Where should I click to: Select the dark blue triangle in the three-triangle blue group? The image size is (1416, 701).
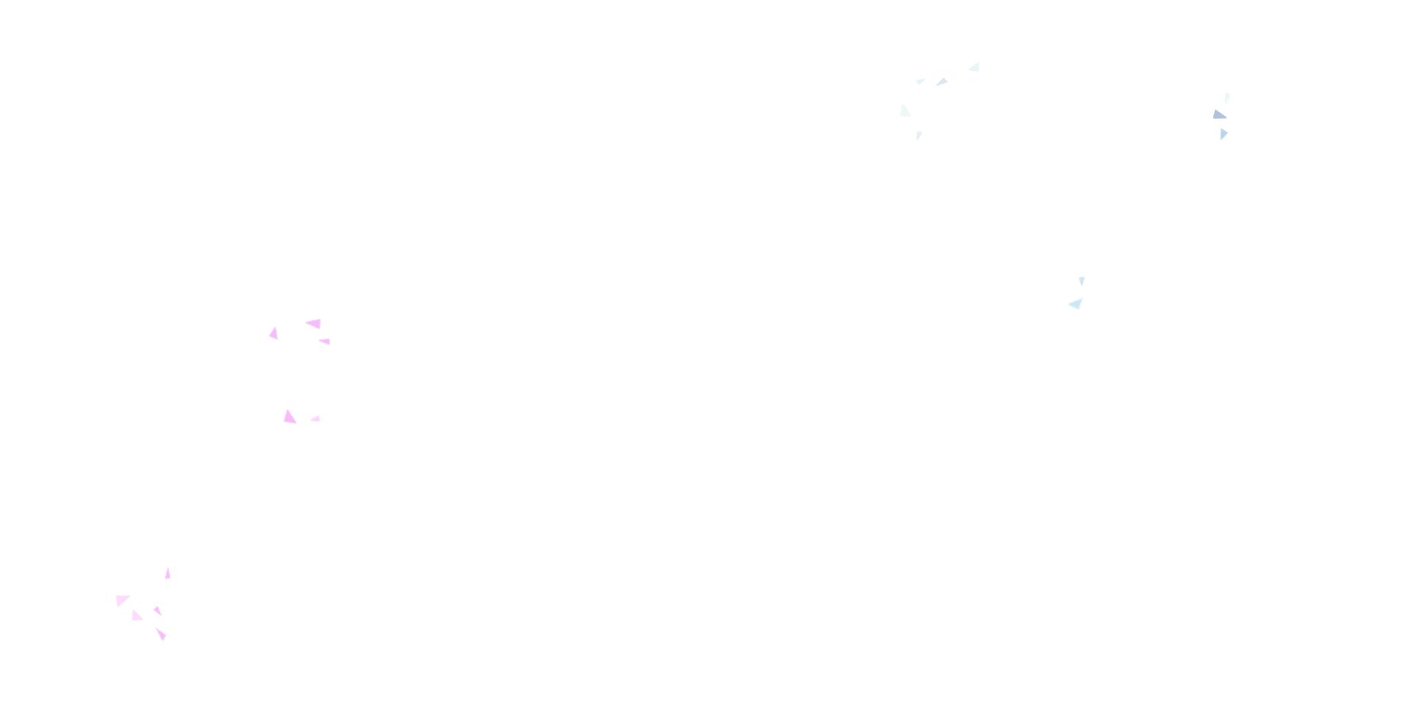click(x=1218, y=115)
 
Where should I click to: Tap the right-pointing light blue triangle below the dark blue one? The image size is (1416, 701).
click(x=1224, y=134)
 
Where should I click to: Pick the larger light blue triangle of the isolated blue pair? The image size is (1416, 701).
click(x=1077, y=304)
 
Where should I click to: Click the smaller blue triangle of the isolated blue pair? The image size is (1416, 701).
click(x=1081, y=280)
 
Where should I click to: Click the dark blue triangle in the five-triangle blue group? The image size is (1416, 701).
click(x=942, y=83)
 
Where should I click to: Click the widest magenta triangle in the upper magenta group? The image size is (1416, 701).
click(x=315, y=324)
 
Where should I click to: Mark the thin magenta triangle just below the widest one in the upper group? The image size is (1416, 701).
click(x=324, y=342)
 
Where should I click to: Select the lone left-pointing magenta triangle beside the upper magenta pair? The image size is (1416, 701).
click(x=274, y=334)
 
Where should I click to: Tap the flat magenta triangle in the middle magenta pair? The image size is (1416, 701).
click(x=316, y=419)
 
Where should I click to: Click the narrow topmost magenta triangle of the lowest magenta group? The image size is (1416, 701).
click(x=167, y=575)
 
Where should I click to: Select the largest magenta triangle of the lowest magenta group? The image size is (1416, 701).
click(x=121, y=599)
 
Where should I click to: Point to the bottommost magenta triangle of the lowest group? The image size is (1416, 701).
click(x=162, y=634)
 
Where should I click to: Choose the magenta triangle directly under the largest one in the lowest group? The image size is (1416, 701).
click(x=136, y=616)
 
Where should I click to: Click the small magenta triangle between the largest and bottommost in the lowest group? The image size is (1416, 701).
click(x=158, y=610)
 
